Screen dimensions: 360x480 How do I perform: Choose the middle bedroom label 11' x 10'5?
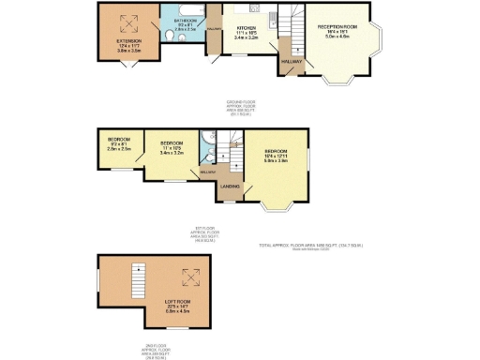pyautogui.click(x=172, y=147)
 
